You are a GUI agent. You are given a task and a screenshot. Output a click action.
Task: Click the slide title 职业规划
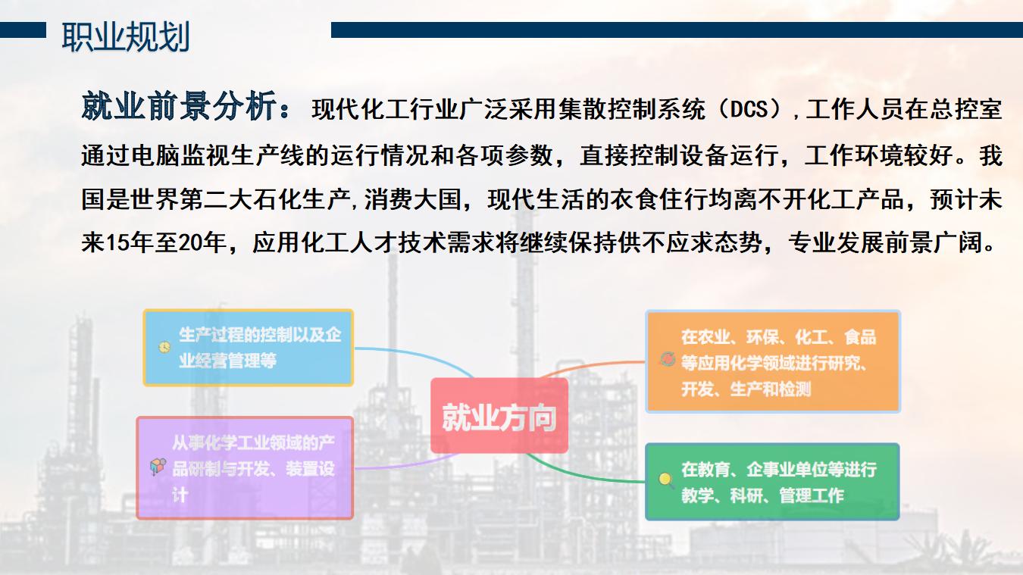tap(126, 37)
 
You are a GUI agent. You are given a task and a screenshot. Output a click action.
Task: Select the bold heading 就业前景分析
tap(179, 106)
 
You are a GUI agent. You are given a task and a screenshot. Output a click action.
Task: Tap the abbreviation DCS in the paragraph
tap(749, 110)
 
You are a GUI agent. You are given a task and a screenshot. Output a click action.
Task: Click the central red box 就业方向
tap(499, 416)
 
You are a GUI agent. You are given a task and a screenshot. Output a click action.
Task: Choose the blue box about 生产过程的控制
tap(249, 348)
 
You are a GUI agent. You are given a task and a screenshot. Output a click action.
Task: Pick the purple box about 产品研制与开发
tap(246, 468)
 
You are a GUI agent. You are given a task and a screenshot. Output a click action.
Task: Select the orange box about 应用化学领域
tap(773, 361)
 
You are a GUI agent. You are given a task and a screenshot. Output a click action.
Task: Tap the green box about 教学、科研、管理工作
tap(772, 481)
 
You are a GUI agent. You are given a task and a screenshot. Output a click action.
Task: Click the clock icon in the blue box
tap(164, 348)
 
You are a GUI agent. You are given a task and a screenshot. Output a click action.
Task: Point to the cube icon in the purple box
tap(158, 467)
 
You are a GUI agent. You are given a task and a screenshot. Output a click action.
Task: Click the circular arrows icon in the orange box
tap(668, 359)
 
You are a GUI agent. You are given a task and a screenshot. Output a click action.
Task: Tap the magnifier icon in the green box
tap(666, 480)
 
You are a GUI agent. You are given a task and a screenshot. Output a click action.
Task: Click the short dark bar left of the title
tap(23, 30)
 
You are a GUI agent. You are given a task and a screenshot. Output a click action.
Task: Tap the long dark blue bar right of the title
tap(677, 30)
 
